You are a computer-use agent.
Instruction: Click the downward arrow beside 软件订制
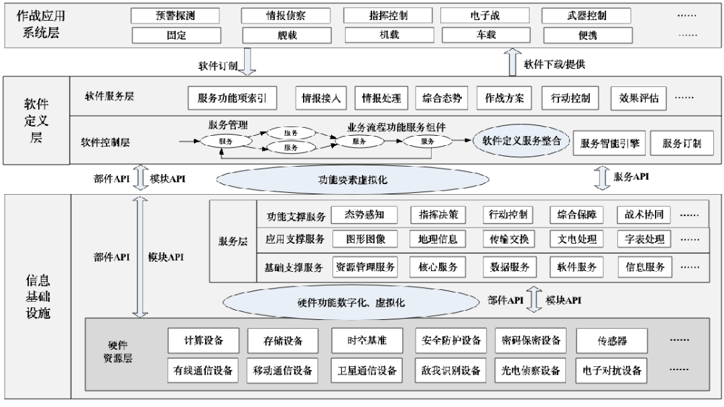coord(247,63)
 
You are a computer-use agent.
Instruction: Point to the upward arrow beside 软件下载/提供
coord(514,63)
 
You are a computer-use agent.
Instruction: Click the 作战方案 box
coord(504,98)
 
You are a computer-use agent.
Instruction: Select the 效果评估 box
coord(638,98)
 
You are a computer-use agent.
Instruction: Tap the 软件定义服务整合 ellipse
coord(521,141)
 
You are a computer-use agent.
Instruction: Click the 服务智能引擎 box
coord(609,143)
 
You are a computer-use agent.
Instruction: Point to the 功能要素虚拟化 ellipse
coord(352,180)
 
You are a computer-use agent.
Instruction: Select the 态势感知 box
coord(364,215)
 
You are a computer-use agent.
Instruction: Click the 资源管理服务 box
coord(365,266)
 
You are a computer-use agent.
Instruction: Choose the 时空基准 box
coord(367,341)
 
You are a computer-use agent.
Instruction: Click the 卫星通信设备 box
coord(367,370)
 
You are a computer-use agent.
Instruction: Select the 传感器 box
coord(612,341)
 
